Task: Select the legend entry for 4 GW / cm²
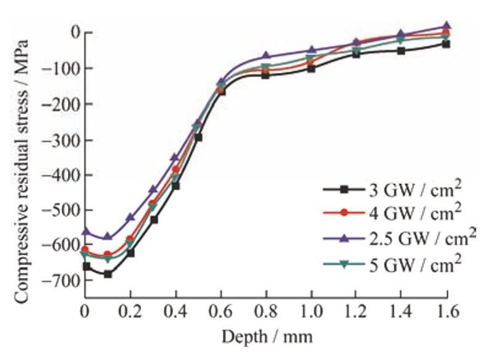click(394, 213)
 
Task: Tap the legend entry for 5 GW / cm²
click(394, 263)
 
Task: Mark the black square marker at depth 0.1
click(108, 274)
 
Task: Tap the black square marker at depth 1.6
click(446, 44)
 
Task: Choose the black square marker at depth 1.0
click(311, 68)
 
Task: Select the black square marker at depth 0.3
click(153, 219)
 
